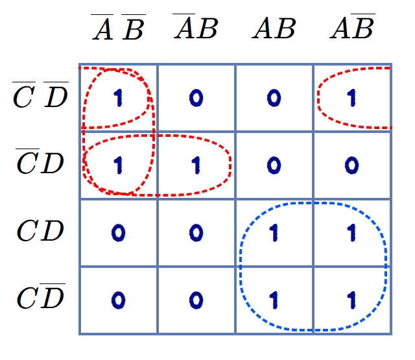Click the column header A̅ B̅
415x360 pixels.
click(118, 27)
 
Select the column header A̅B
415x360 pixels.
click(196, 27)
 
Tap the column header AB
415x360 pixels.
click(274, 29)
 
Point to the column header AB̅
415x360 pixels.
click(353, 26)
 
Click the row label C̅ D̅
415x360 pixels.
click(40, 95)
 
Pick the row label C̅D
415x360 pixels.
click(40, 162)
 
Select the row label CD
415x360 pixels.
click(40, 230)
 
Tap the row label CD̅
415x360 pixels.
click(41, 296)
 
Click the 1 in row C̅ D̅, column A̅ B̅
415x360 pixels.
click(118, 98)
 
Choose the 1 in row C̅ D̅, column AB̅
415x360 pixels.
click(351, 98)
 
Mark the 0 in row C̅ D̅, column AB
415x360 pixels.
click(274, 98)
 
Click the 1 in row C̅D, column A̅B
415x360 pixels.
click(196, 165)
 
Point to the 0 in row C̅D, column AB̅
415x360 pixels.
click(351, 165)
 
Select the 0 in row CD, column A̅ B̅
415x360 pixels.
click(118, 233)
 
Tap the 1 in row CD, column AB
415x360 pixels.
click(274, 233)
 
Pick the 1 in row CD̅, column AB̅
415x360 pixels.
click(351, 300)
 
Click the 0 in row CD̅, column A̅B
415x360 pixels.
click(196, 300)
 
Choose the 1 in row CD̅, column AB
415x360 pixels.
click(274, 300)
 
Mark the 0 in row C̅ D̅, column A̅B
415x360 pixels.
click(196, 98)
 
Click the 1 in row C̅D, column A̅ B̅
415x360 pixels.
click(118, 165)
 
